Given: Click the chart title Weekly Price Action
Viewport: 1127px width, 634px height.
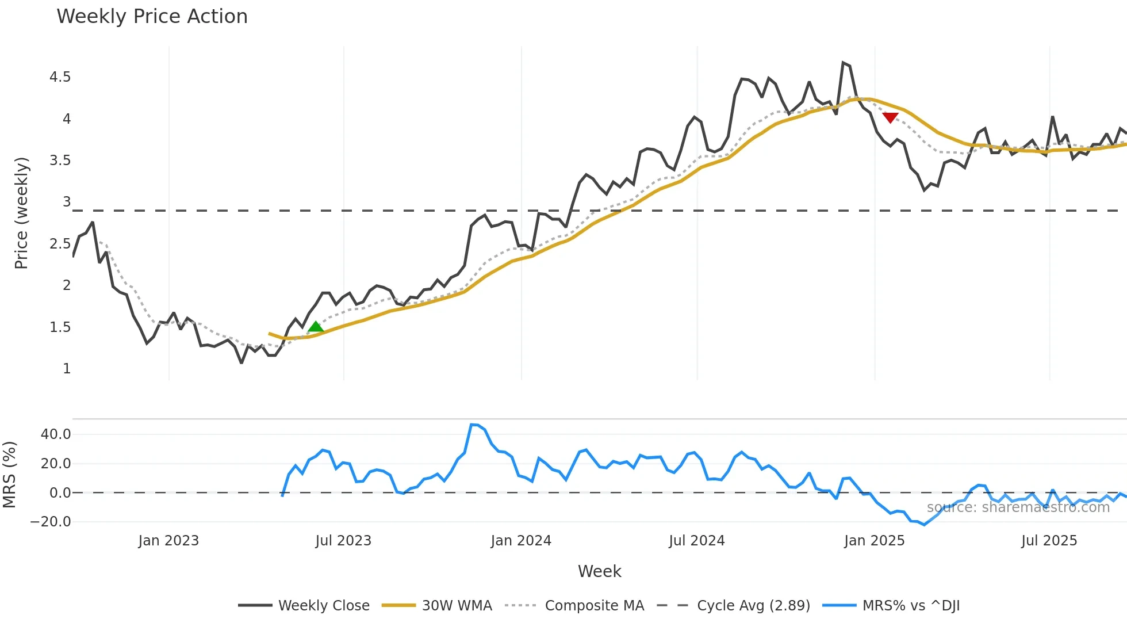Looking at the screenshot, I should click(x=152, y=17).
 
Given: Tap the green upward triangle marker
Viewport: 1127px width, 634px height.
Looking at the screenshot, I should click(x=316, y=327).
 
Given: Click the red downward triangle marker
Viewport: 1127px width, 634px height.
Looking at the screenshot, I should click(x=890, y=117).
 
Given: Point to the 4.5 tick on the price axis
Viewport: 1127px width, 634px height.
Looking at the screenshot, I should click(x=60, y=77).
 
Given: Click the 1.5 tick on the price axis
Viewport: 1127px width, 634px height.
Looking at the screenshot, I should click(x=60, y=327).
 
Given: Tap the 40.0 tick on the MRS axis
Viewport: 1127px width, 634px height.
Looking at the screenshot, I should click(x=56, y=434).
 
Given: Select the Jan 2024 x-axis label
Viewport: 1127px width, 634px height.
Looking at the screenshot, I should click(x=521, y=541).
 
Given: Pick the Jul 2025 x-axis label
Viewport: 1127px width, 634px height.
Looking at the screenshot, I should click(x=1049, y=541).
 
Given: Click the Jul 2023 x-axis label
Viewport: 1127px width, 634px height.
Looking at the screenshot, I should click(x=343, y=541).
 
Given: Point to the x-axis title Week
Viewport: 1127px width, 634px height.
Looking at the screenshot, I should click(x=599, y=571).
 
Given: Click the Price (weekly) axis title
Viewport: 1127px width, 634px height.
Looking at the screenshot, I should click(x=21, y=213).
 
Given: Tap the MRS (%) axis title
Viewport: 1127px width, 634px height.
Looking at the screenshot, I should click(x=9, y=475).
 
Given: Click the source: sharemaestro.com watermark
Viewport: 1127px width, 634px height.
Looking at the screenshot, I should click(x=1018, y=507).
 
